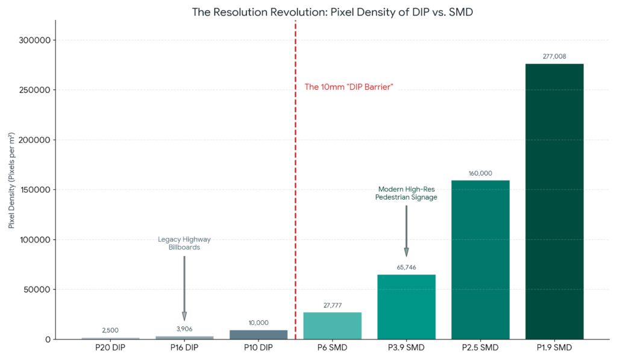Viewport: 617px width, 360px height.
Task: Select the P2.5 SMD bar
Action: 480,259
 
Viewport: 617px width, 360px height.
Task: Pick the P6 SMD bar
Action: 332,325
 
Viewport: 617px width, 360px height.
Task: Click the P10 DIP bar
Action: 258,334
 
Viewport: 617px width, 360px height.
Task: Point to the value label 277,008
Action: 554,56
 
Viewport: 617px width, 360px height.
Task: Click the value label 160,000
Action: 480,173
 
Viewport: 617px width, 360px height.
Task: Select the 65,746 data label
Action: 406,267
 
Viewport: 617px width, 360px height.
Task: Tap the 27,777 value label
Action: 332,305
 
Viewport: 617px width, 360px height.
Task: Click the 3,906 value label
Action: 184,329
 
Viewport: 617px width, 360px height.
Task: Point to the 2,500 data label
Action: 110,330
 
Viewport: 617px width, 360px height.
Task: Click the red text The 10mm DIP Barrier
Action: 349,87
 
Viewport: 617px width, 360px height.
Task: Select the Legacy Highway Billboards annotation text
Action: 184,243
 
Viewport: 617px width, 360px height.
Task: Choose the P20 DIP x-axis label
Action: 110,348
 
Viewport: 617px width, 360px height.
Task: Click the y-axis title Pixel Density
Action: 12,179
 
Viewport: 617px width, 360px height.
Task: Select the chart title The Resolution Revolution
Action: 332,12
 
